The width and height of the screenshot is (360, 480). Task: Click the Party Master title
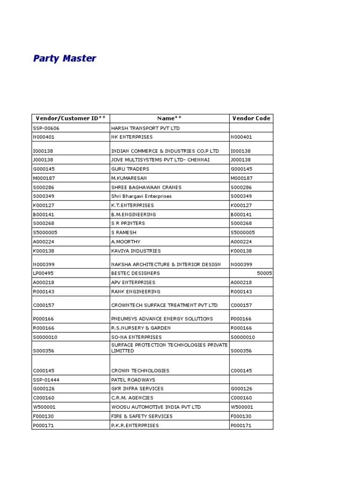65,59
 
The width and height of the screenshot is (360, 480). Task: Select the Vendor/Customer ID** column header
71,119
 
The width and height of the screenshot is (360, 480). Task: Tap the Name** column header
169,119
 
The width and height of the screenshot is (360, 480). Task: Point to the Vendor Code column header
251,119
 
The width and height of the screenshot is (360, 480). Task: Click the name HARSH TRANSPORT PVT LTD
145,128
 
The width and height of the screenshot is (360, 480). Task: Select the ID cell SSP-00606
46,128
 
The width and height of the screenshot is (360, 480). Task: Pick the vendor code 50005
264,273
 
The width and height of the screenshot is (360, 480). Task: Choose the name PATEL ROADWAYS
133,380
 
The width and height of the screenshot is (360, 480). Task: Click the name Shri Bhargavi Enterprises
141,196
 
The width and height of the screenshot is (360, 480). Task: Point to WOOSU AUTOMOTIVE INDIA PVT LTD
156,407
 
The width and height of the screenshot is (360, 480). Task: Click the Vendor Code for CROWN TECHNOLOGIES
241,371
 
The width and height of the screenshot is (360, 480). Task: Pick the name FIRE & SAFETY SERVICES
142,416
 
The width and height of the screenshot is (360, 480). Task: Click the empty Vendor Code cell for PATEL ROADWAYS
251,380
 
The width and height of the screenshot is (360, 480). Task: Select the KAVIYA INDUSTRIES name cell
135,251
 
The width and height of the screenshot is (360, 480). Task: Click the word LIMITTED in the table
122,351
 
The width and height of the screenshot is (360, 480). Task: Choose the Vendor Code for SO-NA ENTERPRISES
242,337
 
